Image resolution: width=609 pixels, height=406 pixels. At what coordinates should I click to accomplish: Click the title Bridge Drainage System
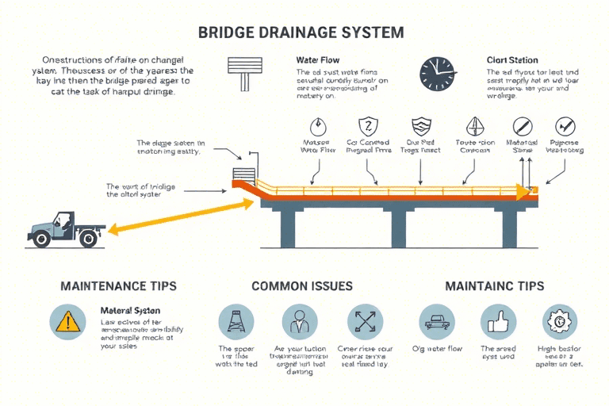[x=302, y=33]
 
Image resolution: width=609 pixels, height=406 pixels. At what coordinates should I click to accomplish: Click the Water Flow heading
[x=317, y=59]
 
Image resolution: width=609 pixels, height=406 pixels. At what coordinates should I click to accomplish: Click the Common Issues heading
[x=301, y=285]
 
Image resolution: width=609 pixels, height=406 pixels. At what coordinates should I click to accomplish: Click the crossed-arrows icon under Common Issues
[x=365, y=323]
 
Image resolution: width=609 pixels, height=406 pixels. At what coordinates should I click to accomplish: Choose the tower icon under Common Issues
[x=236, y=323]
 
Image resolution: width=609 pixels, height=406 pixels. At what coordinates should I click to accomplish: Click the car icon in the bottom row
[x=436, y=323]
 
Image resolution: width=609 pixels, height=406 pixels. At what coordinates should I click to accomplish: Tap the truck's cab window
[x=67, y=218]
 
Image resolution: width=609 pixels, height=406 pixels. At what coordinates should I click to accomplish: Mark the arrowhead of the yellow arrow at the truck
[x=110, y=231]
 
